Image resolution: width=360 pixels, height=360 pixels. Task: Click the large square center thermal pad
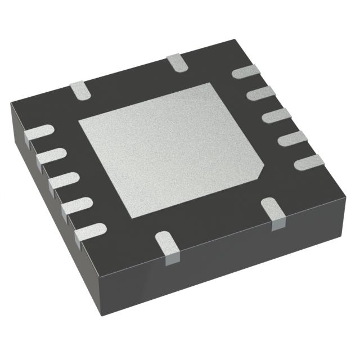click(x=169, y=149)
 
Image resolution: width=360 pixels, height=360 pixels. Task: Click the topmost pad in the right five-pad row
click(x=245, y=71)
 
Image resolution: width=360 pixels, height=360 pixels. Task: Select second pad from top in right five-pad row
click(x=260, y=93)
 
